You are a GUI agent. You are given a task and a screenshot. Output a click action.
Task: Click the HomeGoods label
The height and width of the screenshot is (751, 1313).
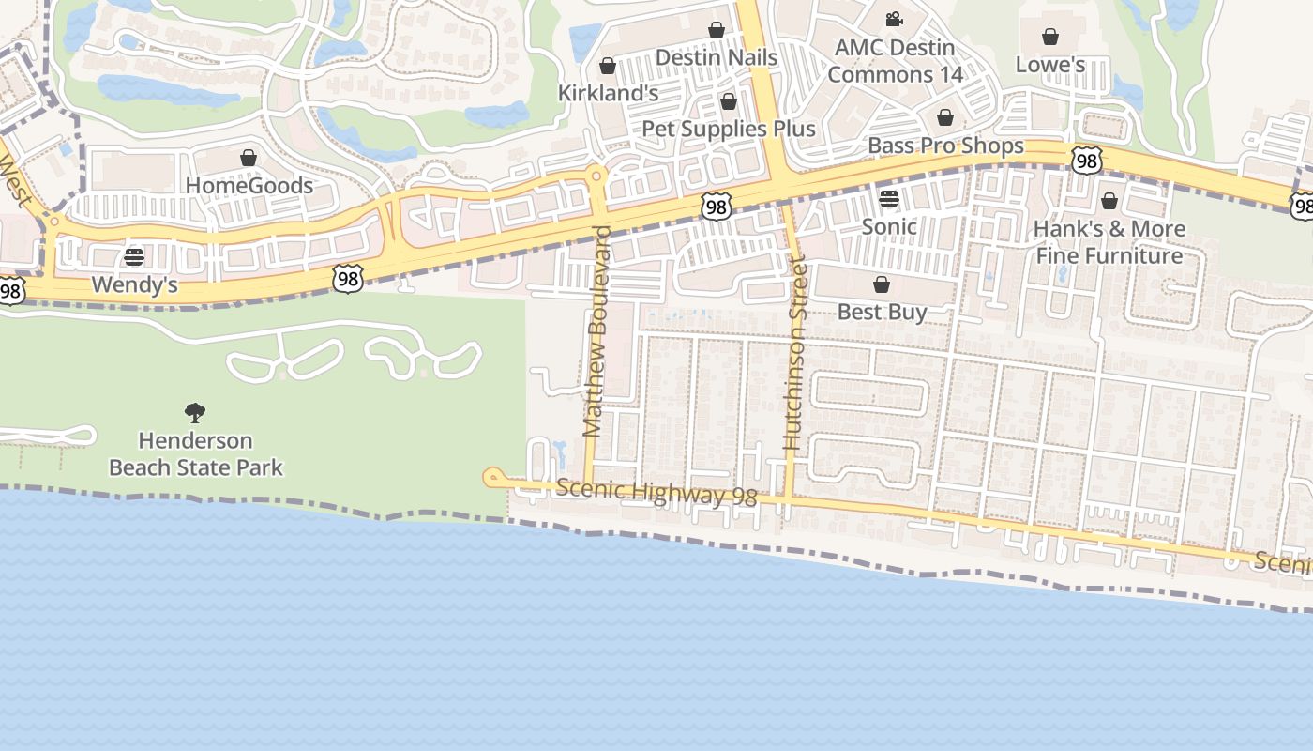pyautogui.click(x=249, y=185)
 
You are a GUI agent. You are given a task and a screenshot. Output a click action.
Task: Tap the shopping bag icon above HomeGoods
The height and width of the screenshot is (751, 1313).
pyautogui.click(x=249, y=158)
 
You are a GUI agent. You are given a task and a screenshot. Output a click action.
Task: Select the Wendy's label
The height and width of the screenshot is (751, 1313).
pyautogui.click(x=135, y=284)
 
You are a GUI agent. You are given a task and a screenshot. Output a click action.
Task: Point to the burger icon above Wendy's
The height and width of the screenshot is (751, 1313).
pyautogui.click(x=134, y=257)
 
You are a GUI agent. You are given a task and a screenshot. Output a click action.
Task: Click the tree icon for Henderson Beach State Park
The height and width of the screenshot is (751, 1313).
pyautogui.click(x=195, y=412)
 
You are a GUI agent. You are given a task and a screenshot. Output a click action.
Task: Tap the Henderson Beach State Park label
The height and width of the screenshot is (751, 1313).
pyautogui.click(x=196, y=453)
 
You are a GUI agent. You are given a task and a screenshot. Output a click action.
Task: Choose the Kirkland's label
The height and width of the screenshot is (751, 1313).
pyautogui.click(x=608, y=93)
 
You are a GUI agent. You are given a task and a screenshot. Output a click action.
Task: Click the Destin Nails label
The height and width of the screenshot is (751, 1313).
pyautogui.click(x=717, y=57)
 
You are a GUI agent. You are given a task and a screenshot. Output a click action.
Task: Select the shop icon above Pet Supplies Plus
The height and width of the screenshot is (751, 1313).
pyautogui.click(x=729, y=101)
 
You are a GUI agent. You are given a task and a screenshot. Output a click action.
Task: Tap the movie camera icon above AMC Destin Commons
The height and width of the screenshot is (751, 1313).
pyautogui.click(x=894, y=19)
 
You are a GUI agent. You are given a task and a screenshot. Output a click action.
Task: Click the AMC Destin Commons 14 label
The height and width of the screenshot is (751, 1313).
pyautogui.click(x=895, y=61)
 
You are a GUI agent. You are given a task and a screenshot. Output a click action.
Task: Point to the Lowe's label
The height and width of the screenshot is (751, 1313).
pyautogui.click(x=1050, y=64)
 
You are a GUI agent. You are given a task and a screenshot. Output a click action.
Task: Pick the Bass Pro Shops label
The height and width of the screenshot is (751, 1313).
pyautogui.click(x=945, y=146)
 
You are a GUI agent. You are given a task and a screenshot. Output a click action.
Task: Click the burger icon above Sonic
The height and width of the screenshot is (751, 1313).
pyautogui.click(x=889, y=198)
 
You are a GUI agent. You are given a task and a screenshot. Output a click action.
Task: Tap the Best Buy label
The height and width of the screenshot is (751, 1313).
pyautogui.click(x=882, y=312)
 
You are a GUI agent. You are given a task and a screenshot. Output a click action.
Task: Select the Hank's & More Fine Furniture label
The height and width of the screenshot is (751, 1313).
pyautogui.click(x=1109, y=241)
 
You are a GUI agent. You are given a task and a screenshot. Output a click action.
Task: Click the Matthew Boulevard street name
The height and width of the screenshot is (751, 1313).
pyautogui.click(x=596, y=330)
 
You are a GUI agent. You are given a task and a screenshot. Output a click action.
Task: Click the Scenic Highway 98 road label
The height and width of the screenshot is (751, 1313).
pyautogui.click(x=656, y=492)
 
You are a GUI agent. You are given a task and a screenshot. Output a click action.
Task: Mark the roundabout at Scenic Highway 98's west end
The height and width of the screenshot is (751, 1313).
pyautogui.click(x=491, y=478)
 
